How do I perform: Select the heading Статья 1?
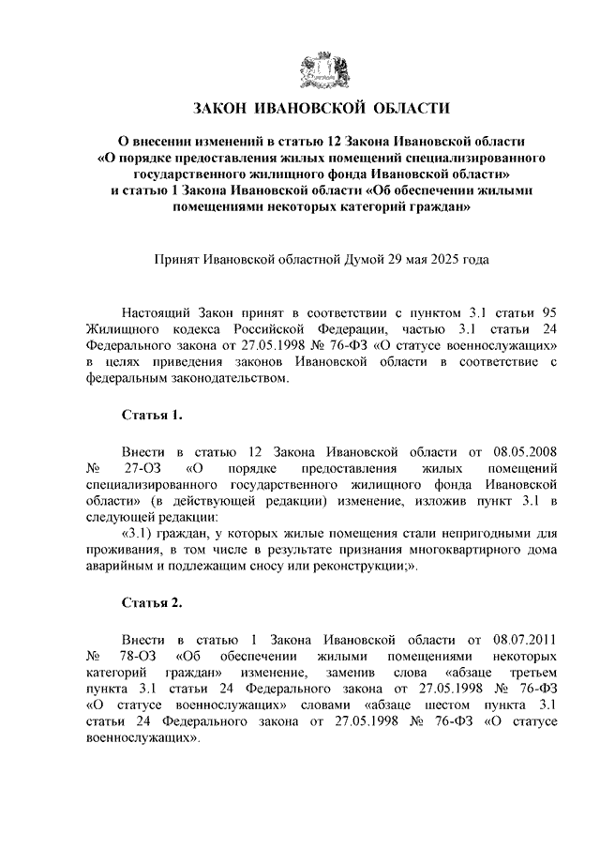[145, 414]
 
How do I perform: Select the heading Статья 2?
[145, 601]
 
